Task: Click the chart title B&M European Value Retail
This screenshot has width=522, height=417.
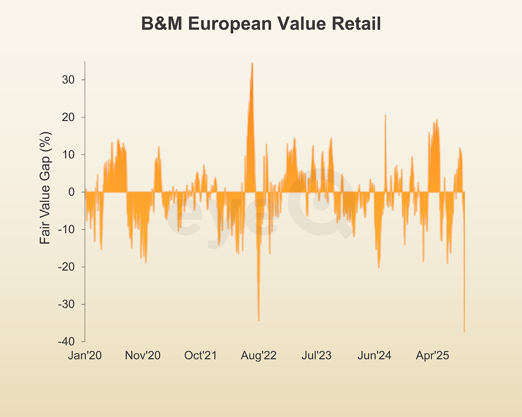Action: click(x=261, y=24)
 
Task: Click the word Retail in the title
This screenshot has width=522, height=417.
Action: click(x=356, y=24)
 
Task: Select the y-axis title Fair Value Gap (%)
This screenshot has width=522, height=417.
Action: click(x=45, y=188)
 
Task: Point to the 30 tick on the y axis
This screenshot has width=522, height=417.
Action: click(x=68, y=80)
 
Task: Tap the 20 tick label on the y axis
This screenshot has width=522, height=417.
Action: click(x=68, y=117)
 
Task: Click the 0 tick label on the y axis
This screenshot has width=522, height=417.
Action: click(x=71, y=192)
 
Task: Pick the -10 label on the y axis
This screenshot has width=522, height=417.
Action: click(x=66, y=229)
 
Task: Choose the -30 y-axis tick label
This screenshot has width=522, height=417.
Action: click(x=66, y=304)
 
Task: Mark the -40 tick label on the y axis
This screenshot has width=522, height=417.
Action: click(x=66, y=342)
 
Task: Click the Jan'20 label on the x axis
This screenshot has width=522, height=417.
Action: click(x=85, y=355)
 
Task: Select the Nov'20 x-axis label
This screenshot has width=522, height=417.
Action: click(x=143, y=355)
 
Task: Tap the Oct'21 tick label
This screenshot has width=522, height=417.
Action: click(x=201, y=355)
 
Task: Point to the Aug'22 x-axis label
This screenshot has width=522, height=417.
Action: click(x=259, y=355)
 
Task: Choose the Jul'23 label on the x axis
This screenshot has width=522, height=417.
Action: click(x=317, y=355)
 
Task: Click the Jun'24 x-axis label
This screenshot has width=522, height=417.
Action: click(x=374, y=355)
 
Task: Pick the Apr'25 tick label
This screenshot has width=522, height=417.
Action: click(x=433, y=355)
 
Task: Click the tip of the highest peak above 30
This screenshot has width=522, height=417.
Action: click(x=252, y=63)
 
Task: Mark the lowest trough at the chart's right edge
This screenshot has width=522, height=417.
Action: click(x=464, y=332)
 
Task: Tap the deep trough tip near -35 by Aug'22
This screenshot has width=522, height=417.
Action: click(x=259, y=320)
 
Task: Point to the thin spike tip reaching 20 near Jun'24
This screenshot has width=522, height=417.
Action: click(x=386, y=115)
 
